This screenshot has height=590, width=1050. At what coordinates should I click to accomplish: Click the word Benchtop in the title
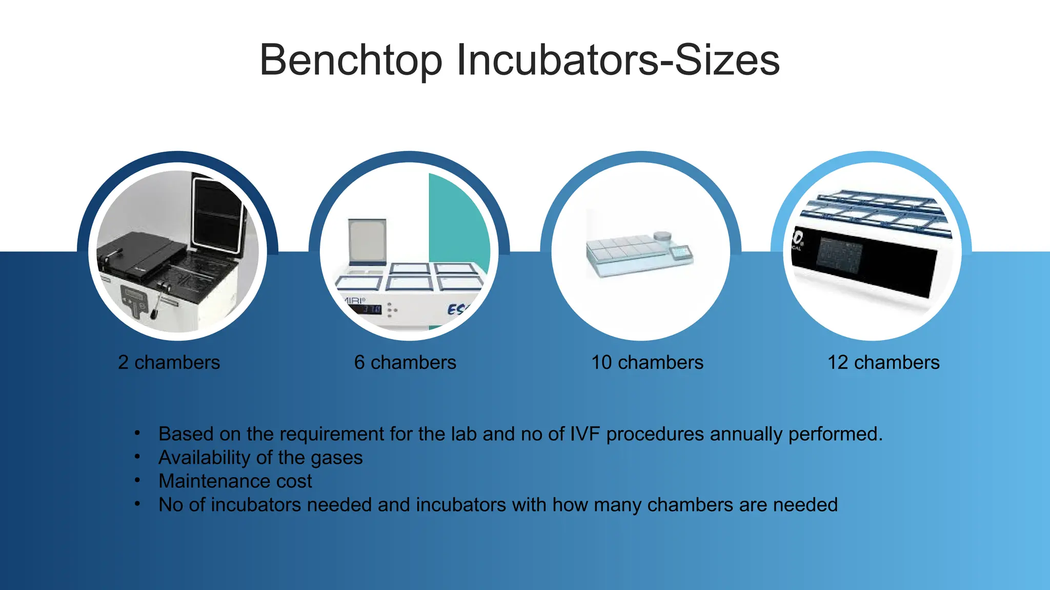pyautogui.click(x=351, y=60)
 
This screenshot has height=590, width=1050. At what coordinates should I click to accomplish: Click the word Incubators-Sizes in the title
pyautogui.click(x=617, y=60)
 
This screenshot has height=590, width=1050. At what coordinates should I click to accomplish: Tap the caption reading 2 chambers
pyautogui.click(x=169, y=363)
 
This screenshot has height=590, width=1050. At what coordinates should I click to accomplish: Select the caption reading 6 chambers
pyautogui.click(x=405, y=363)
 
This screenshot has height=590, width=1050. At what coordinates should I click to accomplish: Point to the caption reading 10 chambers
pyautogui.click(x=647, y=363)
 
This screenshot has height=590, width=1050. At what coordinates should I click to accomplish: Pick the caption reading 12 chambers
pyautogui.click(x=883, y=363)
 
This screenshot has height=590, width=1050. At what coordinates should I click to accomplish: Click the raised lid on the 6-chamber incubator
pyautogui.click(x=367, y=241)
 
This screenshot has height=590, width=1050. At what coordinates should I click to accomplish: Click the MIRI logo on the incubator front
pyautogui.click(x=354, y=301)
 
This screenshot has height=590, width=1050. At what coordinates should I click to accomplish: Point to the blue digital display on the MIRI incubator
pyautogui.click(x=369, y=309)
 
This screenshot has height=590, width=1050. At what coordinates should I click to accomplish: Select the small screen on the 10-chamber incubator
pyautogui.click(x=681, y=252)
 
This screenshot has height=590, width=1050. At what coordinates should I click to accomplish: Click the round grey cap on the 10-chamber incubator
pyautogui.click(x=662, y=236)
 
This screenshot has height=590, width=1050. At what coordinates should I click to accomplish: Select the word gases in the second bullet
pyautogui.click(x=336, y=458)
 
